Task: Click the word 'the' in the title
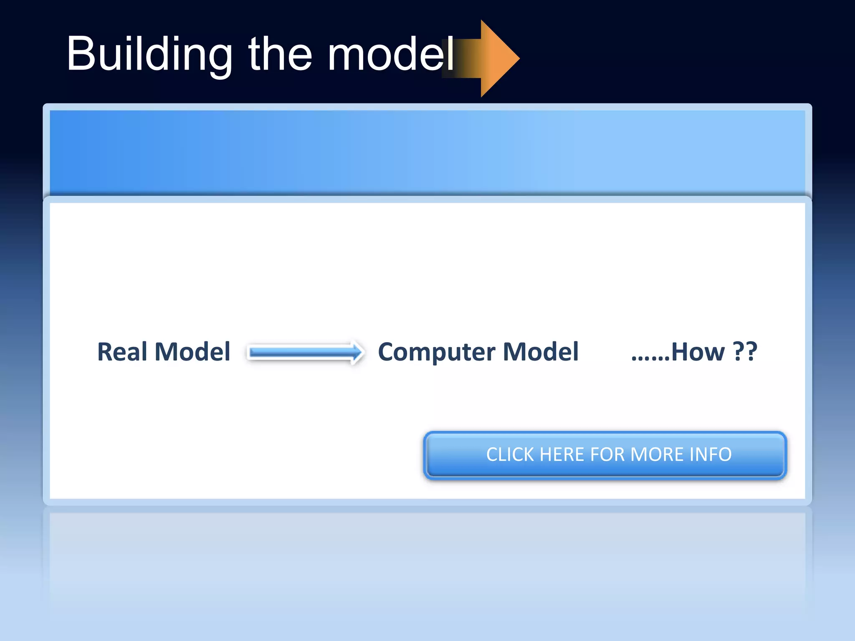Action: coord(280,54)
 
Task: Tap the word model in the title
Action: coord(390,54)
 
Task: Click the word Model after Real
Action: coord(192,352)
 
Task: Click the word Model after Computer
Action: coord(541,352)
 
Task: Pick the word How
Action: coord(698,352)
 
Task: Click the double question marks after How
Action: coord(745,352)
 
